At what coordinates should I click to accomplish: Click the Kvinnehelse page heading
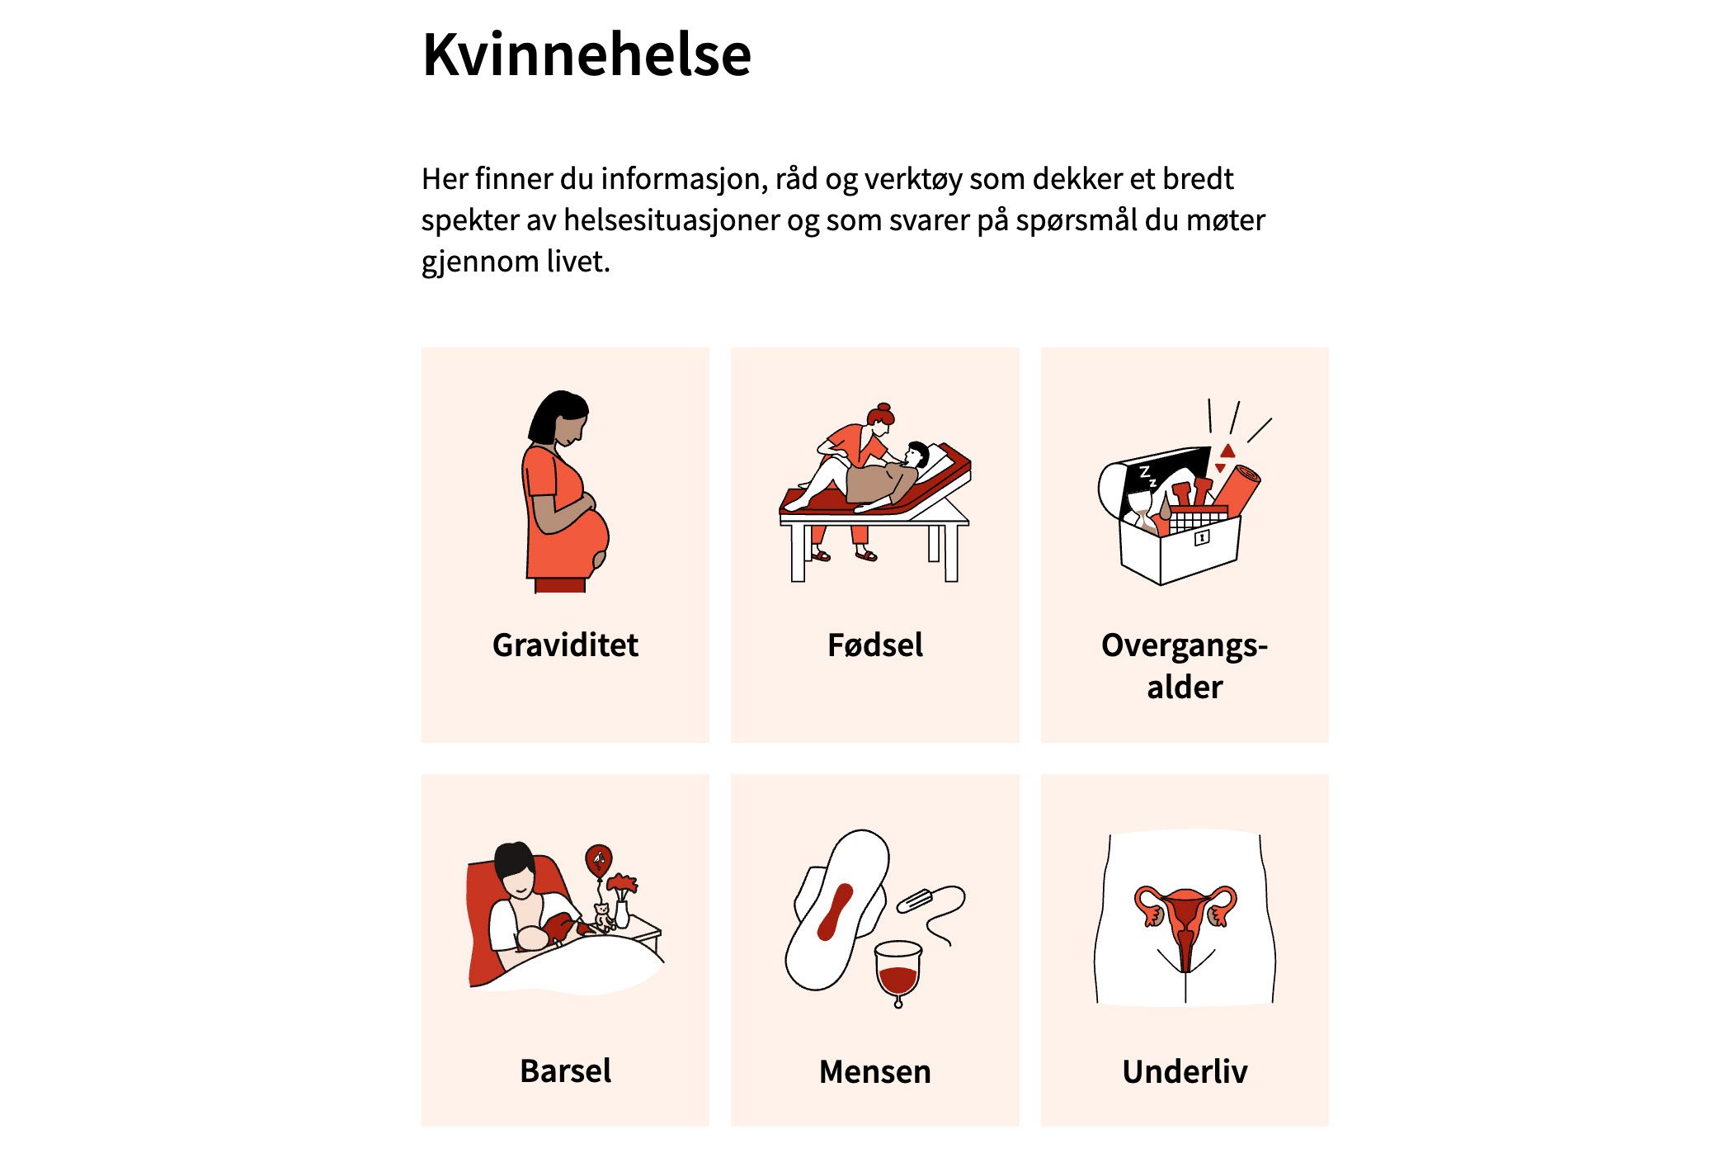pyautogui.click(x=587, y=55)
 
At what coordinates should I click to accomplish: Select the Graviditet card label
pyautogui.click(x=565, y=645)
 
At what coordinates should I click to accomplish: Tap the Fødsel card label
pyautogui.click(x=875, y=645)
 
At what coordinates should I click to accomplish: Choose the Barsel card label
pyautogui.click(x=565, y=1070)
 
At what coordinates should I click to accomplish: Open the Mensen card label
pyautogui.click(x=875, y=1071)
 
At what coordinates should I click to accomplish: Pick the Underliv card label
pyautogui.click(x=1185, y=1071)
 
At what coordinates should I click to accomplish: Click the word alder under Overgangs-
pyautogui.click(x=1185, y=687)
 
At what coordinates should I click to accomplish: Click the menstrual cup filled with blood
pyautogui.click(x=897, y=973)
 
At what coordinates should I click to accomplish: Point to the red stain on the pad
pyautogui.click(x=834, y=912)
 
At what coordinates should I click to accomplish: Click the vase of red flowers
pyautogui.click(x=622, y=900)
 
